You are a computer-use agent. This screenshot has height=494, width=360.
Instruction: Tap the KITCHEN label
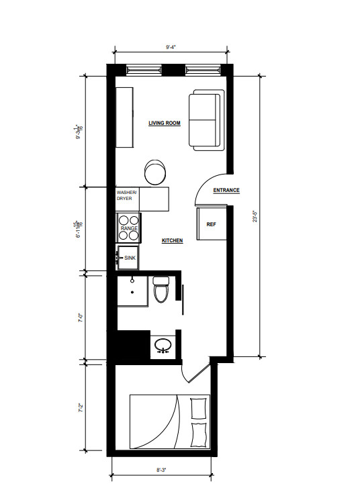point(173,240)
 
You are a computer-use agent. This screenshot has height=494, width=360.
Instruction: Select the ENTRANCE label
point(226,191)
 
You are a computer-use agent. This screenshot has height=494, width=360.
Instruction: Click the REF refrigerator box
point(211,224)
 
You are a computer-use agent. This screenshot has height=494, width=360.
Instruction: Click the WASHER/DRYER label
point(126,195)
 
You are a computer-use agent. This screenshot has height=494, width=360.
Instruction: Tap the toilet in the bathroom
point(161,291)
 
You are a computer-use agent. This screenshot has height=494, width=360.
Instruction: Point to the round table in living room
point(156,171)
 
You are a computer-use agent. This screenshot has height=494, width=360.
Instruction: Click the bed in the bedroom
point(170,422)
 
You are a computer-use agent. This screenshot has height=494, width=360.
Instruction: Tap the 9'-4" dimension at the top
point(172,48)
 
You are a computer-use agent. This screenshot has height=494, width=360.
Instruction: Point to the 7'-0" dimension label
point(79,315)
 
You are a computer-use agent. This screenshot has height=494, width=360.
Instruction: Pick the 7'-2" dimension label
point(79,407)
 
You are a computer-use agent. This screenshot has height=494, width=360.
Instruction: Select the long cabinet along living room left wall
point(125,118)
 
